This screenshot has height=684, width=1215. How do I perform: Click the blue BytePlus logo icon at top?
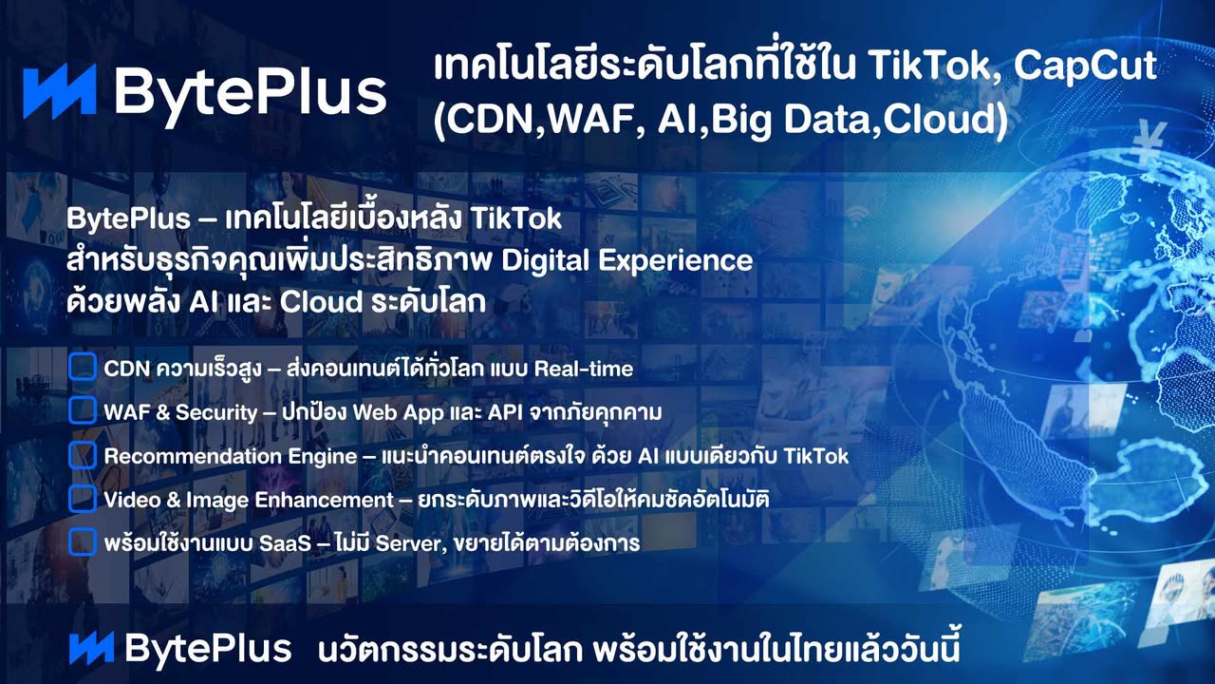coord(60,90)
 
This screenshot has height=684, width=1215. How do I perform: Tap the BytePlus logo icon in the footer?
coord(92,648)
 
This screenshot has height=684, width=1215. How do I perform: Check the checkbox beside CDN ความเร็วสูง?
coord(83,367)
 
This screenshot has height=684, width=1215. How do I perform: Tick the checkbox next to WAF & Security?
coord(83,410)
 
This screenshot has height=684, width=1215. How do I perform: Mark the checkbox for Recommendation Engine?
coord(83,454)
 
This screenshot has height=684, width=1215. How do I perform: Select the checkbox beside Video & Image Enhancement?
coord(83,499)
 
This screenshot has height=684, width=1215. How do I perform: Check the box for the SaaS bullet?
coord(83,541)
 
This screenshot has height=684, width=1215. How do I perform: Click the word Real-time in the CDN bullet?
coord(584,370)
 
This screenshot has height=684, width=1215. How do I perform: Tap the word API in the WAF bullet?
coord(505,412)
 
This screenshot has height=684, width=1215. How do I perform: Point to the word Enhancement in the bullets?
coord(324,500)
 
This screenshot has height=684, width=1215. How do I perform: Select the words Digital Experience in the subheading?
coord(627,261)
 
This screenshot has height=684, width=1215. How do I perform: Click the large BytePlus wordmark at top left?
coord(251,92)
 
